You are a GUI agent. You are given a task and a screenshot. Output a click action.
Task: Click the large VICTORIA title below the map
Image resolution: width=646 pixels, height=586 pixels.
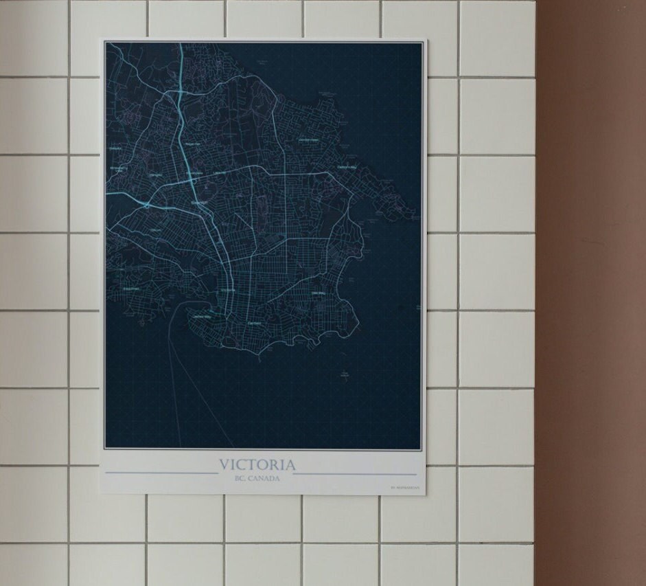pyautogui.click(x=258, y=465)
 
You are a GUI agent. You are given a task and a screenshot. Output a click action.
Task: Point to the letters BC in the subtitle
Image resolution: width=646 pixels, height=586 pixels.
pyautogui.click(x=240, y=479)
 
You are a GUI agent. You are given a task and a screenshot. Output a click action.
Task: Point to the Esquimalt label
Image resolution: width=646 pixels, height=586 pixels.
pyautogui.click(x=130, y=289)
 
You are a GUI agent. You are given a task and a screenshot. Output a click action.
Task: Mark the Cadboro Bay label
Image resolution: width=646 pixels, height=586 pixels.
pyautogui.click(x=347, y=167)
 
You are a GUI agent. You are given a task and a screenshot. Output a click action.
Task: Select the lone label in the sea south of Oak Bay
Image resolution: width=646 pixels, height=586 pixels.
pyautogui.click(x=345, y=374)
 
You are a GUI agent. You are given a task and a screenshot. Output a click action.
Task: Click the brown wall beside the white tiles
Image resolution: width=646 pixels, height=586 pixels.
pyautogui.click(x=590, y=275)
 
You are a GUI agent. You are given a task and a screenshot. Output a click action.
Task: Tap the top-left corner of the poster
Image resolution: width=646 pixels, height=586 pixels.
pyautogui.click(x=102, y=39)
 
